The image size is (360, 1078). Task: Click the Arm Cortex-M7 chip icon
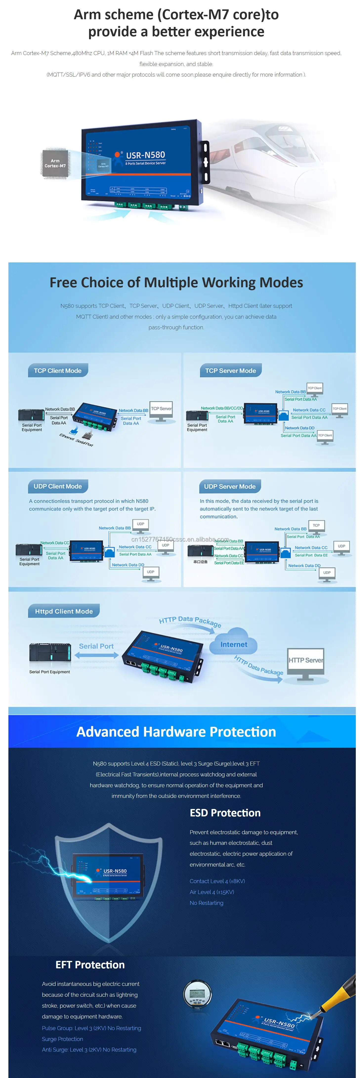click(55, 164)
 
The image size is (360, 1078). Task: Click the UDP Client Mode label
click(58, 486)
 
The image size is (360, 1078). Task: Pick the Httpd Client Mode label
click(64, 611)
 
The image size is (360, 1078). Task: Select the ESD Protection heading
click(225, 813)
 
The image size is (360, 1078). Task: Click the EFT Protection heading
click(90, 965)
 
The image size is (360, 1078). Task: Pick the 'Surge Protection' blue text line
click(62, 1039)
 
